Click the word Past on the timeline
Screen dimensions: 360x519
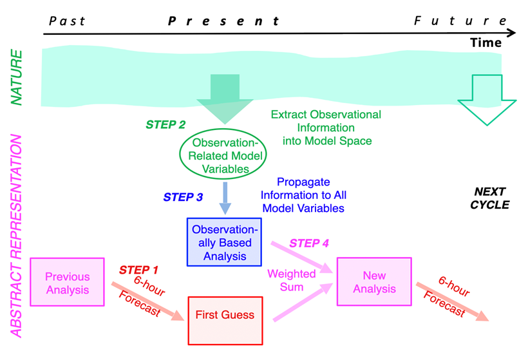68,21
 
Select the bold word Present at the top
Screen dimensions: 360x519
223,21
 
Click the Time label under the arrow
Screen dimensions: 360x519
486,43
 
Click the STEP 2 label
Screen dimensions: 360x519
165,125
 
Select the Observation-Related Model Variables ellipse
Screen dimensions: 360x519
222,154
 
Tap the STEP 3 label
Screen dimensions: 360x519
183,197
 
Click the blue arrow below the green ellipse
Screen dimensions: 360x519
225,197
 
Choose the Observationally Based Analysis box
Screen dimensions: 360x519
225,242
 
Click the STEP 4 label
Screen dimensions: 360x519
309,243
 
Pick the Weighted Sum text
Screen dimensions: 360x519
292,280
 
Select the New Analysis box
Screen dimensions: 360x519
374,282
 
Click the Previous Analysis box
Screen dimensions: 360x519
68,282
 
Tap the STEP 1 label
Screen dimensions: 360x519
138,270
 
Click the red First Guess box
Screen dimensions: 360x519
225,316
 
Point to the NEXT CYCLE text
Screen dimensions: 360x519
491,198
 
